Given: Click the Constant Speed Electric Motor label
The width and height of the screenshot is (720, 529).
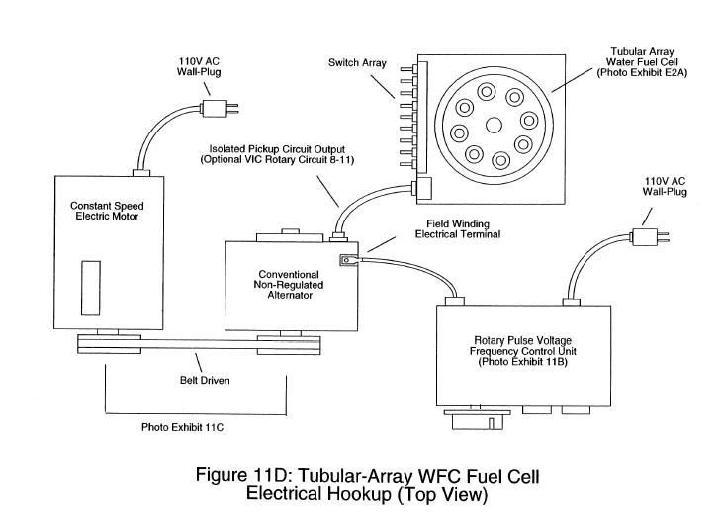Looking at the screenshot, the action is [x=107, y=211].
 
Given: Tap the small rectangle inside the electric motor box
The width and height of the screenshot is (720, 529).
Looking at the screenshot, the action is [x=91, y=288].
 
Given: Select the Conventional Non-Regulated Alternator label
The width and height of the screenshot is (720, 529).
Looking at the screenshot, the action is [x=289, y=285].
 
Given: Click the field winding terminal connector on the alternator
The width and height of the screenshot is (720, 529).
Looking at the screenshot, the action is [x=348, y=260].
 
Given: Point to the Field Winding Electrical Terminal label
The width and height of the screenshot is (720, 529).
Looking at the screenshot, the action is [x=458, y=229].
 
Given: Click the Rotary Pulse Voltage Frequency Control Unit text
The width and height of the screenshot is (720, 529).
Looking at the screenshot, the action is [x=522, y=351].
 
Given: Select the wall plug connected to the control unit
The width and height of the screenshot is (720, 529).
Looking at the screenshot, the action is [x=650, y=237].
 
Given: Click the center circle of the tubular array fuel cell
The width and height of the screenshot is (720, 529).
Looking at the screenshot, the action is [x=495, y=125].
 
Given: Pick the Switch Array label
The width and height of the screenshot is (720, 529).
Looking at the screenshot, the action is [x=357, y=63].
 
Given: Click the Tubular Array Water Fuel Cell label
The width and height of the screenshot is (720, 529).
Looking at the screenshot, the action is [x=642, y=62].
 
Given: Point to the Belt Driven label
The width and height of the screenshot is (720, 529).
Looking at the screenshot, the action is [x=205, y=381].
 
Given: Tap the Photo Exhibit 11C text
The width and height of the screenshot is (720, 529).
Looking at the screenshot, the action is [x=182, y=427].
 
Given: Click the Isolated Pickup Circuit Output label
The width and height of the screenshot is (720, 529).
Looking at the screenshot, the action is [x=277, y=154].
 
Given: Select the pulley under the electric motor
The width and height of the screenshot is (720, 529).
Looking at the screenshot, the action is [x=109, y=344].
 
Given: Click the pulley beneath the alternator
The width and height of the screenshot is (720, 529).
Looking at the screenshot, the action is [x=289, y=345].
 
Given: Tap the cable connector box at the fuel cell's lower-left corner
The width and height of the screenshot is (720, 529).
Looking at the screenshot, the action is [x=423, y=187].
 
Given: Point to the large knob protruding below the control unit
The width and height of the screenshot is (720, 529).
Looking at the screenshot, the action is [x=477, y=419].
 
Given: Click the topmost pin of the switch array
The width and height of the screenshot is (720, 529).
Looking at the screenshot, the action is [x=408, y=69].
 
